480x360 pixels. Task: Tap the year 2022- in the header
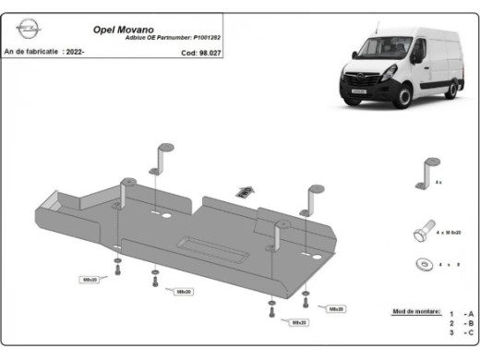tap(75, 53)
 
